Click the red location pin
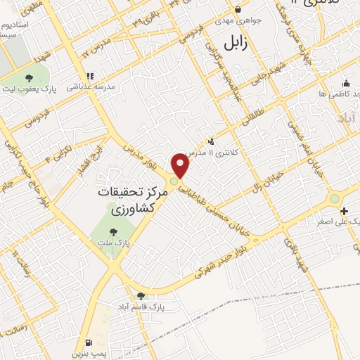(x=181, y=166)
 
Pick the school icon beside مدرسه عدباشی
(x=90, y=76)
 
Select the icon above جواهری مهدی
(x=238, y=10)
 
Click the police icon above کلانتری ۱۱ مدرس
(x=211, y=141)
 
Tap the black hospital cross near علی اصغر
(x=344, y=211)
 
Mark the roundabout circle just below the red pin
(x=174, y=181)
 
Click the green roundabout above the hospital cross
(x=335, y=198)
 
